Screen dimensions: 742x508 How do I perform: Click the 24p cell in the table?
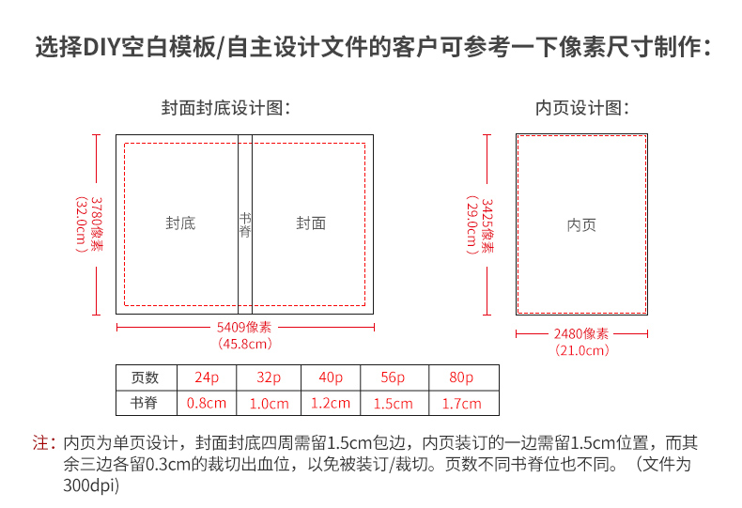(207, 377)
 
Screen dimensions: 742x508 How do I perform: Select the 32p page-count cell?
(269, 377)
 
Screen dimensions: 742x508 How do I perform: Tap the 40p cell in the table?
(331, 377)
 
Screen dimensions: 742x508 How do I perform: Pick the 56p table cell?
(393, 377)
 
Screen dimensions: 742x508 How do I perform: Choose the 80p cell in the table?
(461, 377)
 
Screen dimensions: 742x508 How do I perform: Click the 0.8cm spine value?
(207, 403)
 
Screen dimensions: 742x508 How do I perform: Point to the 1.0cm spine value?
(269, 404)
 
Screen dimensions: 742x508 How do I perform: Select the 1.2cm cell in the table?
(331, 403)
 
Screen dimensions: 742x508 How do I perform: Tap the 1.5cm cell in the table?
(393, 404)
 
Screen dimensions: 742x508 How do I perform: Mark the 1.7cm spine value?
(461, 404)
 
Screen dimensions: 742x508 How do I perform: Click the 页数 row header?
(145, 377)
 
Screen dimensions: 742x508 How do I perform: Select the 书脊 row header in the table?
(144, 403)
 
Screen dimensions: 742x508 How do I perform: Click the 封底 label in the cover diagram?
(180, 223)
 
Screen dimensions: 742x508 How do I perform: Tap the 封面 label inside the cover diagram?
(311, 223)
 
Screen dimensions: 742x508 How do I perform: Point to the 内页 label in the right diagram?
(581, 225)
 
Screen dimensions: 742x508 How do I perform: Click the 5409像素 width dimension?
(244, 328)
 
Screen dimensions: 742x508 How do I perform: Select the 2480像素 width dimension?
(581, 334)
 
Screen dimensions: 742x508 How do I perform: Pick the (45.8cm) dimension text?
(245, 344)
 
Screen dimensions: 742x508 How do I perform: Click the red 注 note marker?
(40, 442)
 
